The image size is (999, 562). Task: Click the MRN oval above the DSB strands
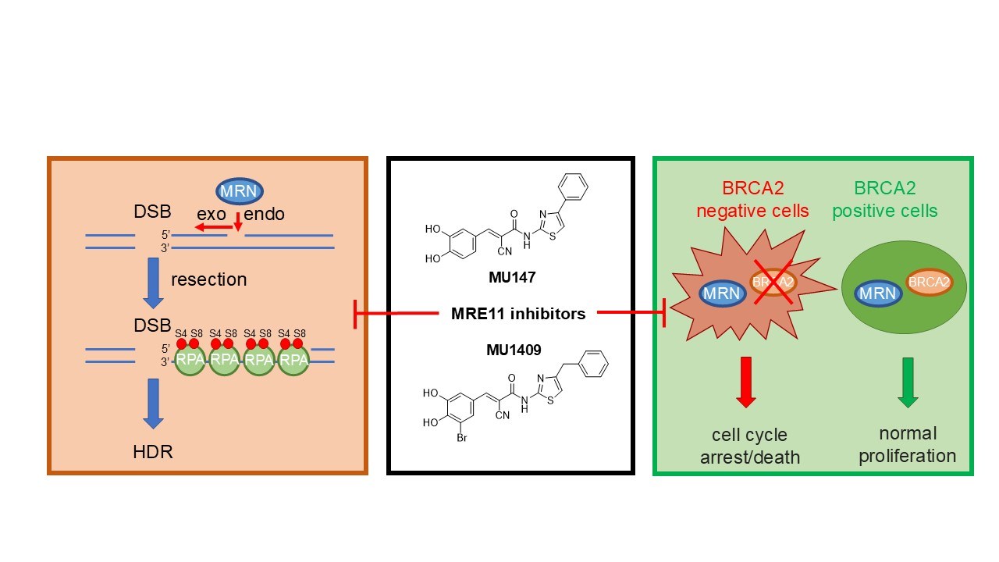[x=239, y=190]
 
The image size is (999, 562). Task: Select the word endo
[x=265, y=214]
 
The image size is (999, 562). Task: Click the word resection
[x=208, y=279]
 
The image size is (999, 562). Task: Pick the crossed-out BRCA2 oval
[x=773, y=283]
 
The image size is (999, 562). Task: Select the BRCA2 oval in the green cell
[x=928, y=283]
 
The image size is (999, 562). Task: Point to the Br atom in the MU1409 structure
[x=461, y=438]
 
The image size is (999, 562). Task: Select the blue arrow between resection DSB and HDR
[x=154, y=403]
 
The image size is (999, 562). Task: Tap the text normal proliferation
[x=907, y=444]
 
